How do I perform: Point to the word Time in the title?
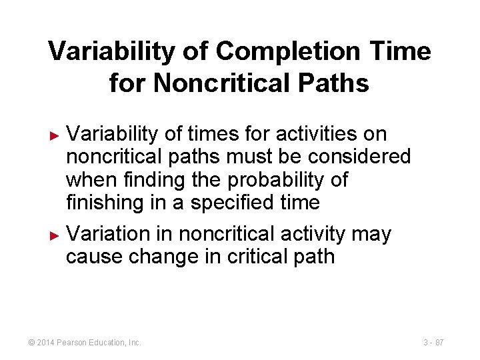401,51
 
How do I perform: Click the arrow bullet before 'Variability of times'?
56,135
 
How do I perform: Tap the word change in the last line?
159,257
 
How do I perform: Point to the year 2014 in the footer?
46,343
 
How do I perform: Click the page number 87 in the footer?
439,343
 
